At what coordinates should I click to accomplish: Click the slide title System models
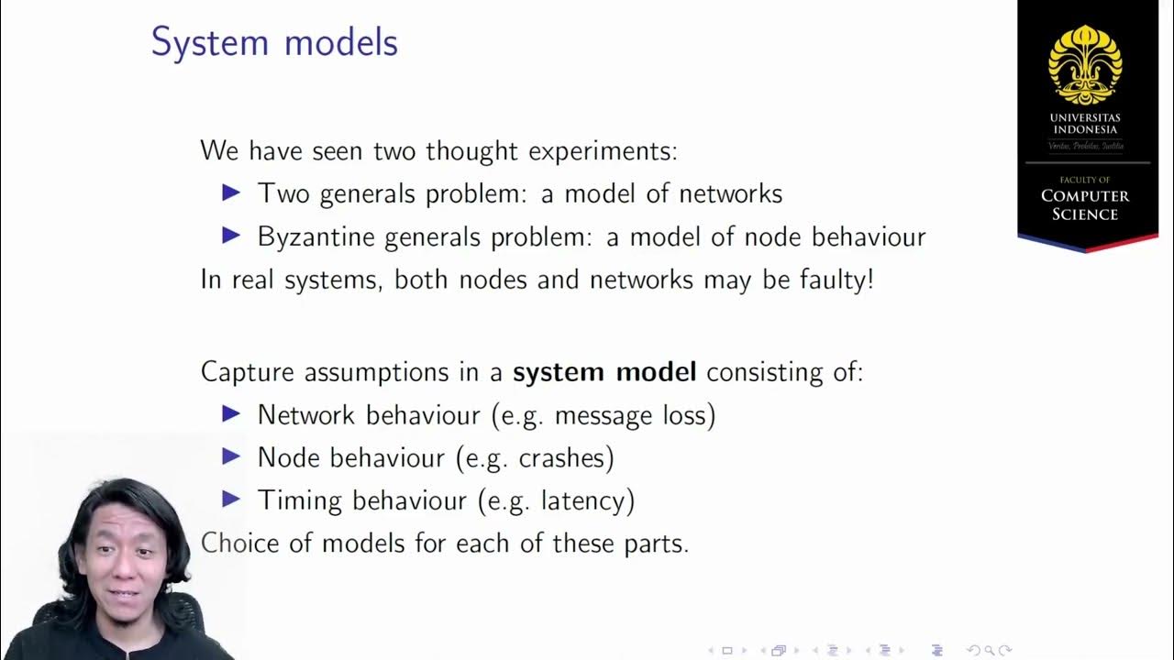tap(274, 43)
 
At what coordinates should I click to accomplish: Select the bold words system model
tap(604, 372)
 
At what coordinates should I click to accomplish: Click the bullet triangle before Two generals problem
tap(231, 192)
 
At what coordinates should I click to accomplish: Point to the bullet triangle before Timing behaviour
tap(231, 499)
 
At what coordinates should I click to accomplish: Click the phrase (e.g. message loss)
tap(604, 415)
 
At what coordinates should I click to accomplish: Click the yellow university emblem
tap(1085, 64)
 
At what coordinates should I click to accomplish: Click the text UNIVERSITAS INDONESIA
tap(1086, 124)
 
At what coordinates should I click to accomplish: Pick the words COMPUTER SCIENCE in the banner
tap(1085, 204)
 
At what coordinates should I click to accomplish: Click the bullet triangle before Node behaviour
tap(231, 456)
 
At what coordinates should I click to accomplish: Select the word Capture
tap(249, 372)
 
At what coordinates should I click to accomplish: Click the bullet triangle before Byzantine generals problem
tap(231, 236)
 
